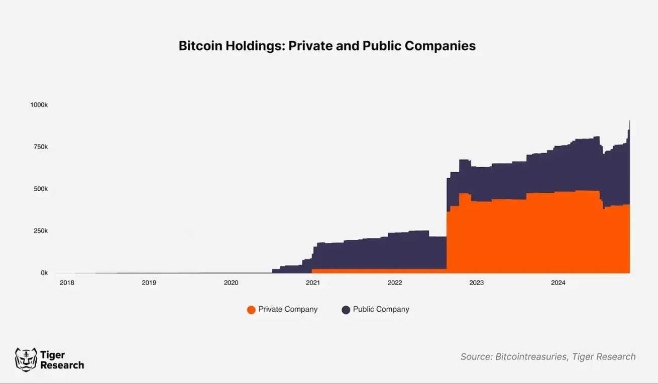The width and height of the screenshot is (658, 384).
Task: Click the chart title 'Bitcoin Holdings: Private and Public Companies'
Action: coord(327,46)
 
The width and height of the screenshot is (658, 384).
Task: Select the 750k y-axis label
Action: coord(39,147)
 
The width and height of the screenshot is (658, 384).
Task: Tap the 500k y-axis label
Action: coord(39,189)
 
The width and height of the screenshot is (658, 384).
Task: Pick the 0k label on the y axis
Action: coord(44,273)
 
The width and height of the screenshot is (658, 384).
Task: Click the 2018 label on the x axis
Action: coord(67,283)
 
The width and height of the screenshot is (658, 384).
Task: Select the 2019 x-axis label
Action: coord(149,283)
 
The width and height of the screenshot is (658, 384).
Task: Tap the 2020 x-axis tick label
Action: coord(231,283)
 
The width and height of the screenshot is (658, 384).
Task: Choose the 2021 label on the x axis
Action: coord(312,283)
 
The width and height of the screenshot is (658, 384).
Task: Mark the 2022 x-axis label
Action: coord(395,283)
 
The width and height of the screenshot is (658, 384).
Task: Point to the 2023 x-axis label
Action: coord(476,283)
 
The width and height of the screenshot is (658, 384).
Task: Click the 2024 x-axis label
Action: coord(558,283)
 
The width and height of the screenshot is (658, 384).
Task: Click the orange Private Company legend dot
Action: coord(251,310)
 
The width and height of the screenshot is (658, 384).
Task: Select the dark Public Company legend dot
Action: coord(346,310)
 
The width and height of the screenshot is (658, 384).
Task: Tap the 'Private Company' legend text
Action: coord(288,309)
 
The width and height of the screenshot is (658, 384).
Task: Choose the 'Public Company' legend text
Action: coord(381,309)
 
